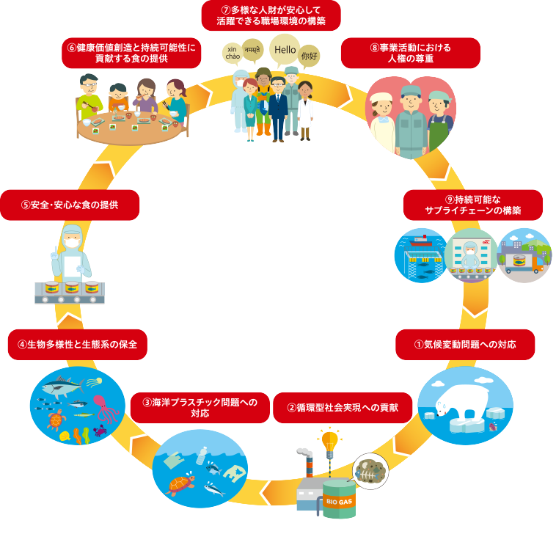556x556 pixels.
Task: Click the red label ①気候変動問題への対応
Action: point(465,345)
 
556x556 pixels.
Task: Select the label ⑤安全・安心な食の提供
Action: point(70,205)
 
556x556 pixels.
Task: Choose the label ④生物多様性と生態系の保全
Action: point(78,345)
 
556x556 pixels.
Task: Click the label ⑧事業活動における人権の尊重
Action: point(411,53)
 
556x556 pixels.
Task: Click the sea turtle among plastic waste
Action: point(180,485)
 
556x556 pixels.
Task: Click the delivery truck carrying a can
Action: point(524,263)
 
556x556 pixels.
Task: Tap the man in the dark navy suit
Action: point(277,106)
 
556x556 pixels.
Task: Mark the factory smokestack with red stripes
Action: point(309,464)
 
